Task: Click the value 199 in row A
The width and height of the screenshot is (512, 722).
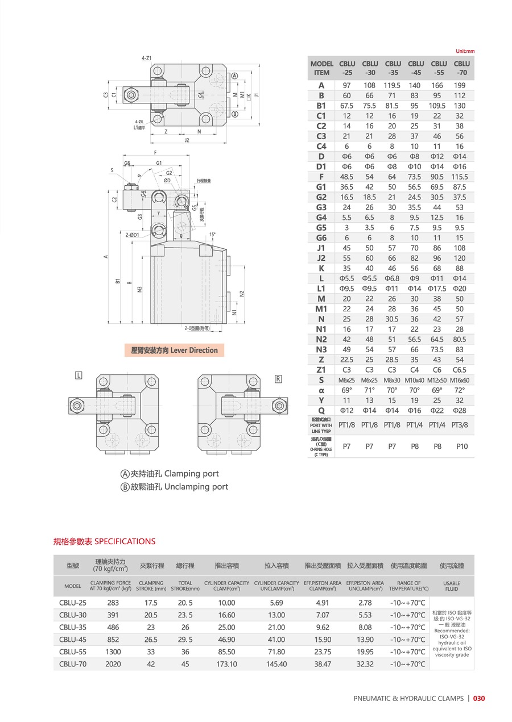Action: point(460,85)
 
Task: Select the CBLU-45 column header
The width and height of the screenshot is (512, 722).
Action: point(416,68)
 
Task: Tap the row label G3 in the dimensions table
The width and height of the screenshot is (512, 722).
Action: point(321,207)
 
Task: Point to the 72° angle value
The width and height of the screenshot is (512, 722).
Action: point(460,390)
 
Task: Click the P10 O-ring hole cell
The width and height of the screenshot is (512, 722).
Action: point(461,446)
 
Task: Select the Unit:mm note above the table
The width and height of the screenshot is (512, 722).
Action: point(465,51)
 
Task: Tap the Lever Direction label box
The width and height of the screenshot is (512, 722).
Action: point(174,350)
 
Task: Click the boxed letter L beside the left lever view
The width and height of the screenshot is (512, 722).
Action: point(79,375)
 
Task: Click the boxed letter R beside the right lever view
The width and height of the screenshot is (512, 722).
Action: point(278,379)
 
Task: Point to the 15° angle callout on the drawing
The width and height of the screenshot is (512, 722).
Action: point(213,234)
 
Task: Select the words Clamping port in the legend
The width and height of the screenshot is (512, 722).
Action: point(191,474)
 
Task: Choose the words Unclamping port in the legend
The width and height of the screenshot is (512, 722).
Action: point(196,487)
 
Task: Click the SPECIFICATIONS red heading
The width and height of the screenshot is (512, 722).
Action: point(125,541)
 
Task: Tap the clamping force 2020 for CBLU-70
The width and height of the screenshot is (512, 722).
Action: point(113,663)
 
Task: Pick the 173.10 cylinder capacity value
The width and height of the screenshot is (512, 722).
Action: point(226,663)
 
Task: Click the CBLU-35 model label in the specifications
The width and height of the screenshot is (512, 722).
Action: point(73,627)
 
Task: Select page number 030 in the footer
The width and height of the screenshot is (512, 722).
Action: point(479,699)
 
